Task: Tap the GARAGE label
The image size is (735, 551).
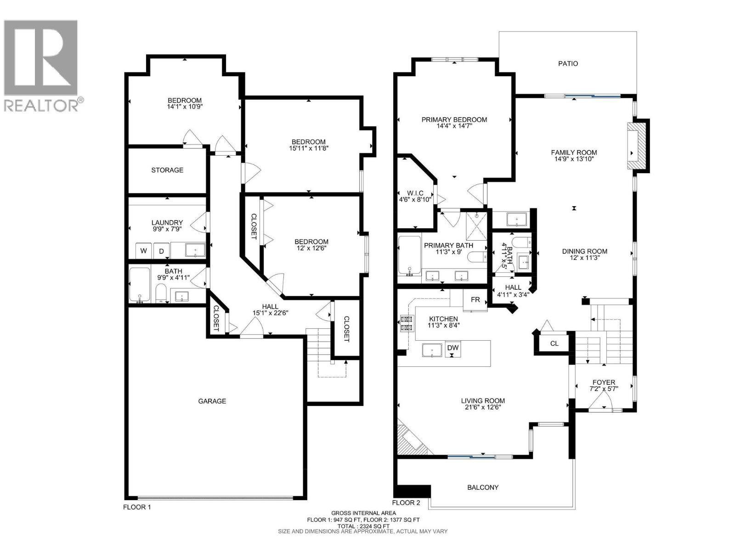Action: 212,401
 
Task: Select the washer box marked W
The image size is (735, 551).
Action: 144,251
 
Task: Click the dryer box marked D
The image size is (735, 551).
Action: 161,251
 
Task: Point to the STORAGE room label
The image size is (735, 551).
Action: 167,170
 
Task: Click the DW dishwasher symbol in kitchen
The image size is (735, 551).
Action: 453,348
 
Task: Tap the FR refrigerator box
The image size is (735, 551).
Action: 475,300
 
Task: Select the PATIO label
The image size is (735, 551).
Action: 568,63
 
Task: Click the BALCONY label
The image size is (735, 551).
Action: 483,487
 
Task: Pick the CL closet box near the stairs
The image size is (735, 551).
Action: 554,343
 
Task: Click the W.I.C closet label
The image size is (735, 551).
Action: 415,193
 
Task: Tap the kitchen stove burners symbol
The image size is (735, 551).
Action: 406,323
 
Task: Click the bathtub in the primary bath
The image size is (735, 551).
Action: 409,255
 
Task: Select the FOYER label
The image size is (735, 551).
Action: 604,382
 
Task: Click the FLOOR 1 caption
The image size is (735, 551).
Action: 137,507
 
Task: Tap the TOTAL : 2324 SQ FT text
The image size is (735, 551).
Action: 363,526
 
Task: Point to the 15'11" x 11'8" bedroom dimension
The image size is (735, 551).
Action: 309,148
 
